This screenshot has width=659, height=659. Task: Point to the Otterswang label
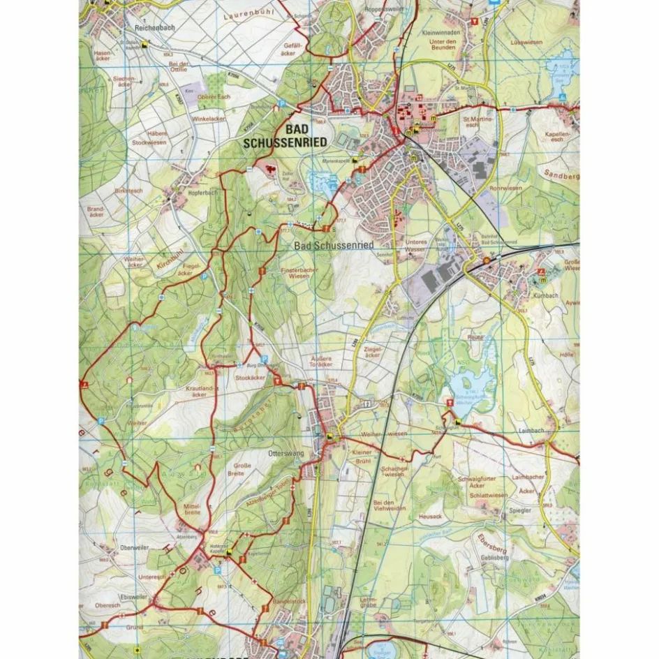point(283,453)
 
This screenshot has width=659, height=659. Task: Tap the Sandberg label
point(562,177)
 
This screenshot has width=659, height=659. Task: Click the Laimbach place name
point(531,431)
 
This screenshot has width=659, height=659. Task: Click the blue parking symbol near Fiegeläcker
point(204,276)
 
